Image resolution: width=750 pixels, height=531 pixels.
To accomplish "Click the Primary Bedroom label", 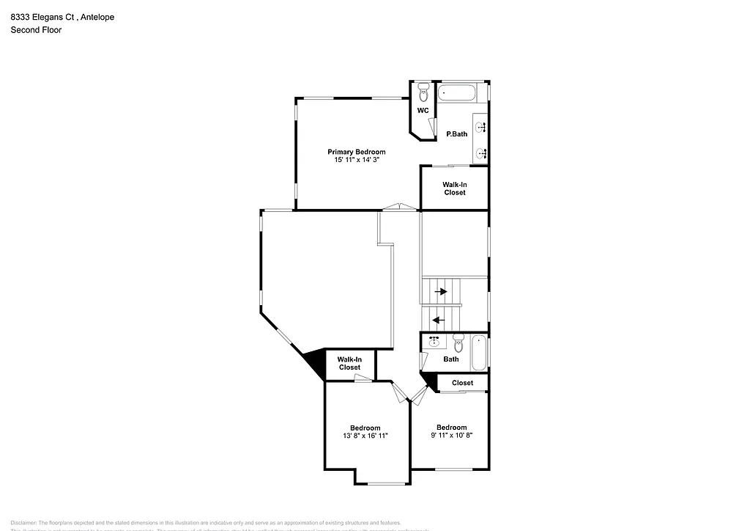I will (356, 152).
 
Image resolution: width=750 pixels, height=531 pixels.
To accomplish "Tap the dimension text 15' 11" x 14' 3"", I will (356, 160).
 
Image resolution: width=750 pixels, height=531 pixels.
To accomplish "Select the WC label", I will (423, 111).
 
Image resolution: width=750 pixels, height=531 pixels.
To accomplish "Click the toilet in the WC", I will (423, 94).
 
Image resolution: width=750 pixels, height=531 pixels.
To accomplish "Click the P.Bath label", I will (457, 134).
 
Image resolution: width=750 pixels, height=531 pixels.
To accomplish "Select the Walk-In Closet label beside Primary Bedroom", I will (455, 188).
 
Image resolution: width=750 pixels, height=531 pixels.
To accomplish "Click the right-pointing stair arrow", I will (441, 291).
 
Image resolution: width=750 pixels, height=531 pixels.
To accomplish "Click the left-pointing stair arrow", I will (439, 320).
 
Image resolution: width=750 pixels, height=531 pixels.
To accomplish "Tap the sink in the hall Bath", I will (434, 342).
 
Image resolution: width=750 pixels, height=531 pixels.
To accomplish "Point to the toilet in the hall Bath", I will (458, 343).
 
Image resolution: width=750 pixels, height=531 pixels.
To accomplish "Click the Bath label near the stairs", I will (451, 359).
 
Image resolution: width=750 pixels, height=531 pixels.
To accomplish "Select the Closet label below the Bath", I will (462, 383).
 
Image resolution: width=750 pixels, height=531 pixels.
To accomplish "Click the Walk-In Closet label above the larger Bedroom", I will (349, 363).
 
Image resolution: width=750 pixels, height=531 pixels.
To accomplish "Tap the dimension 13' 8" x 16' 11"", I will (365, 436).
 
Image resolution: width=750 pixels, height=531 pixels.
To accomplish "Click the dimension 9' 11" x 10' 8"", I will (451, 435).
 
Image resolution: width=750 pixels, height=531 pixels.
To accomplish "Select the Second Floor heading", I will (36, 30).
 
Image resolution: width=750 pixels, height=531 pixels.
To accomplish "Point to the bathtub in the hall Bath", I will (479, 353).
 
